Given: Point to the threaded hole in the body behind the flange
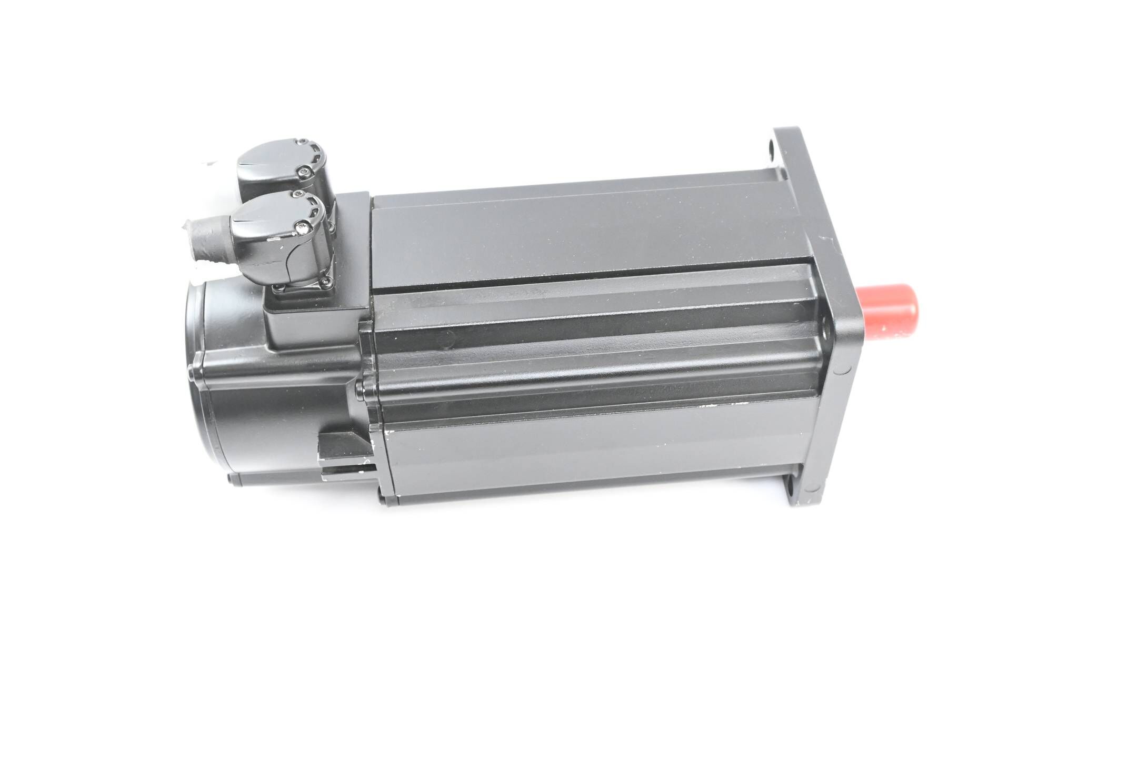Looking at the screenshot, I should pyautogui.click(x=825, y=332).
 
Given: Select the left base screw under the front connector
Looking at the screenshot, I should pyautogui.click(x=279, y=287).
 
